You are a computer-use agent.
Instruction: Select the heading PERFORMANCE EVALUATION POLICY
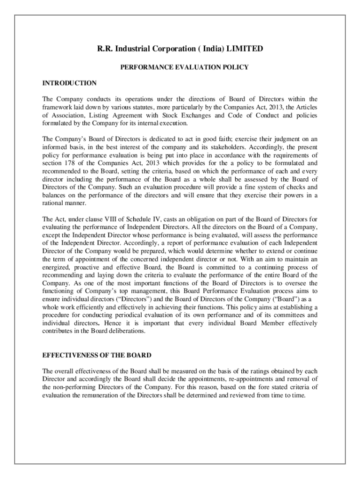click(x=184, y=67)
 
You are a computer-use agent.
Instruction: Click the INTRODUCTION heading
click(x=69, y=83)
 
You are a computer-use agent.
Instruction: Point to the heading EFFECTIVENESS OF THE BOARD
click(x=97, y=356)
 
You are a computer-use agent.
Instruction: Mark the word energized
click(x=55, y=267)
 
